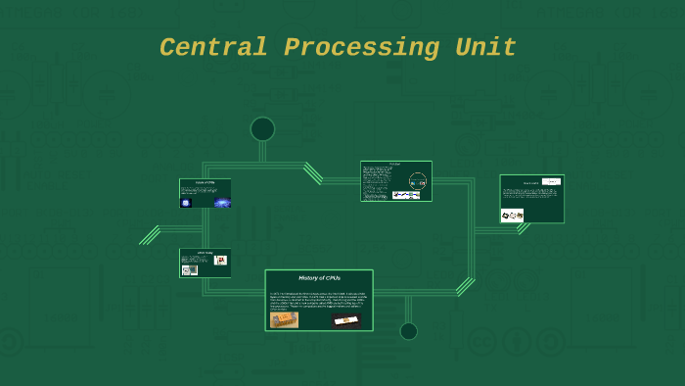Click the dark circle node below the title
(x=262, y=128)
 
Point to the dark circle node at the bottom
(x=408, y=331)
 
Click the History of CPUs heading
(x=319, y=278)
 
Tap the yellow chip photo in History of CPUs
(x=284, y=319)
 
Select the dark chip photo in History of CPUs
(x=345, y=320)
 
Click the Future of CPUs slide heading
(x=205, y=183)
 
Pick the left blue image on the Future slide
(x=186, y=202)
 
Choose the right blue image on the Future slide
(x=222, y=203)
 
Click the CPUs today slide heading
(x=205, y=253)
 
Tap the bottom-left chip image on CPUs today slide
(x=189, y=269)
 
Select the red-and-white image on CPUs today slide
(x=221, y=260)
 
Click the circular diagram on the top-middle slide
(x=418, y=180)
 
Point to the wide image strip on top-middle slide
(x=406, y=194)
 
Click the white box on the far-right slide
(x=552, y=181)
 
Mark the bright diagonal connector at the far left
(x=150, y=235)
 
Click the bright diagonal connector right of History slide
(x=465, y=286)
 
